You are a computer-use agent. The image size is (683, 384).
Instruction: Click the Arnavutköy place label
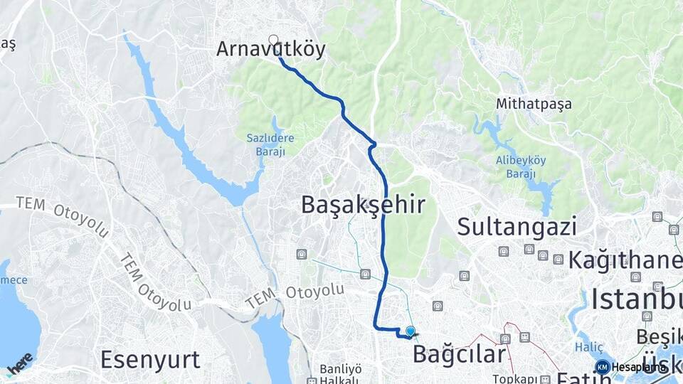(270, 49)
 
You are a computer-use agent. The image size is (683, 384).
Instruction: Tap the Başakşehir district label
(363, 205)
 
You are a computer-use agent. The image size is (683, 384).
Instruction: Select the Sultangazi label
(517, 227)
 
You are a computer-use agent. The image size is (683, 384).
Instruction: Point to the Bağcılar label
(459, 353)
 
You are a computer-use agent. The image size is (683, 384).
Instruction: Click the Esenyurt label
(150, 359)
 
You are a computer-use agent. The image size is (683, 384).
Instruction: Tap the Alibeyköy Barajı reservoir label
(521, 166)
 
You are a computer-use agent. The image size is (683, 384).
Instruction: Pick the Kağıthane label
(625, 260)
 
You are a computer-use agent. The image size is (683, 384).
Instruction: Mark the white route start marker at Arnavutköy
(273, 40)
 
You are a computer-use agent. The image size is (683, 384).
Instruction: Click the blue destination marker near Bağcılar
(410, 331)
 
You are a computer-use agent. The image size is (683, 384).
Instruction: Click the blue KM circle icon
(603, 367)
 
